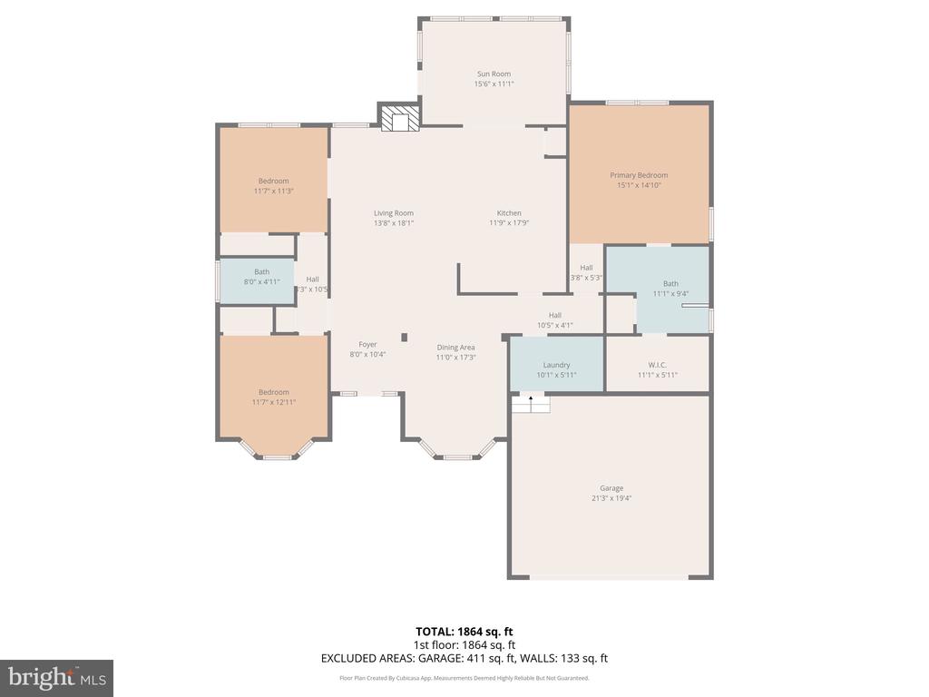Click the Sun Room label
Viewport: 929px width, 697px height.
coord(494,74)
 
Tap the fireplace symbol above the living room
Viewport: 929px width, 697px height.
coord(400,120)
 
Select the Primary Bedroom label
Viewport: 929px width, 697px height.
coord(639,175)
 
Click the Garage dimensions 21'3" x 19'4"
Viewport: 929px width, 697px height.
coord(611,498)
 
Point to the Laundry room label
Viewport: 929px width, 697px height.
coord(556,365)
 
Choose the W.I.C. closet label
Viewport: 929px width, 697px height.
coord(658,365)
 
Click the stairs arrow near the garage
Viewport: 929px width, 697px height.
coord(531,399)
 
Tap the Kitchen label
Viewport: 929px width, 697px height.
coord(509,213)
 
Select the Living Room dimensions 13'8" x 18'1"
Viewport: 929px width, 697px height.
coord(394,223)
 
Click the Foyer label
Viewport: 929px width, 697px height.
coord(367,344)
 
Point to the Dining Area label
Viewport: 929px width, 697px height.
coord(455,347)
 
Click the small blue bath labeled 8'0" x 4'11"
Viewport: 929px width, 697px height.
coord(261,277)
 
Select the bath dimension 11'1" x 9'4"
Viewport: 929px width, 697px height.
coord(670,293)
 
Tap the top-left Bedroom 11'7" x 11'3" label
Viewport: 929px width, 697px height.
coord(273,181)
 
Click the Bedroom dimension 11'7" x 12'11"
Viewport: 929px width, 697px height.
coord(273,402)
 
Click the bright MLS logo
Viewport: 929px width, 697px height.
coord(56,678)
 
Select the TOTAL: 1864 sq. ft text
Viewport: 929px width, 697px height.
coord(464,631)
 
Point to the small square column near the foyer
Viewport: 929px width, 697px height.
coord(404,338)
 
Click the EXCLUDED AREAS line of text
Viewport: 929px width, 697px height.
coord(464,658)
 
